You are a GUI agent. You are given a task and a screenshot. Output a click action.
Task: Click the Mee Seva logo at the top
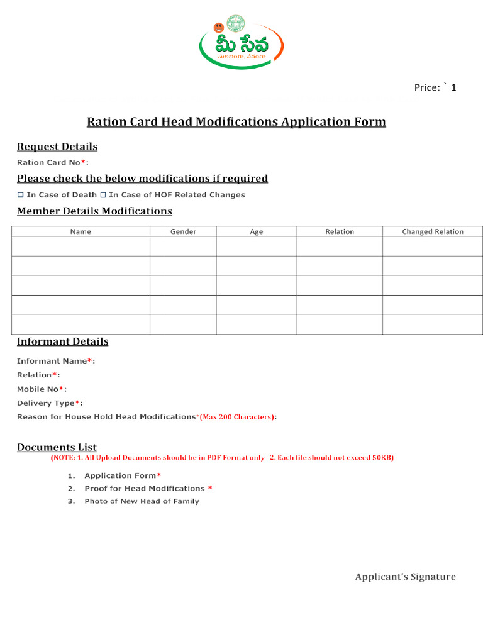point(241,42)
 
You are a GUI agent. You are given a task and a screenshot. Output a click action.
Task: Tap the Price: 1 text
point(435,87)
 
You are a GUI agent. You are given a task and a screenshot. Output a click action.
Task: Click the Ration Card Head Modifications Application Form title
point(236,121)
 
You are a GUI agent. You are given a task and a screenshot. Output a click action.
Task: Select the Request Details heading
point(57,147)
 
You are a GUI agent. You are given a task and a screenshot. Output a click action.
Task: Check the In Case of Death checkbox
point(20,195)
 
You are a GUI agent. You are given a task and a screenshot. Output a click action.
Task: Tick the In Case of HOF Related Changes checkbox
point(103,195)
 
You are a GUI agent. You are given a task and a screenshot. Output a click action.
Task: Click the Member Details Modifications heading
point(94,211)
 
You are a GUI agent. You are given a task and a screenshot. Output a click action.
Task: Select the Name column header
point(80,231)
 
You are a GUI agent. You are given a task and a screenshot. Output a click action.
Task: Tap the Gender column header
point(183,231)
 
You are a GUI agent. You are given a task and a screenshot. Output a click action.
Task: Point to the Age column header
point(256,231)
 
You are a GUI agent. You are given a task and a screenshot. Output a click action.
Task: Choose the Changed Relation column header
point(433,231)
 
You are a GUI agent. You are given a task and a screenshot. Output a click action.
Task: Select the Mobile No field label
point(41,389)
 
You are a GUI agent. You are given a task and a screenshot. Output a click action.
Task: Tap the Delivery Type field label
point(49,403)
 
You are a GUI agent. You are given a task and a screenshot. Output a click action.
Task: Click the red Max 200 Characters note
point(236,417)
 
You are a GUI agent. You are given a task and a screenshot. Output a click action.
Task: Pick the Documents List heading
point(57,447)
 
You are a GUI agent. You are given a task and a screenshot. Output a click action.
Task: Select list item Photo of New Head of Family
point(142,501)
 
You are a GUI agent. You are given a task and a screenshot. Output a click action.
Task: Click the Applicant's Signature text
point(405,577)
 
